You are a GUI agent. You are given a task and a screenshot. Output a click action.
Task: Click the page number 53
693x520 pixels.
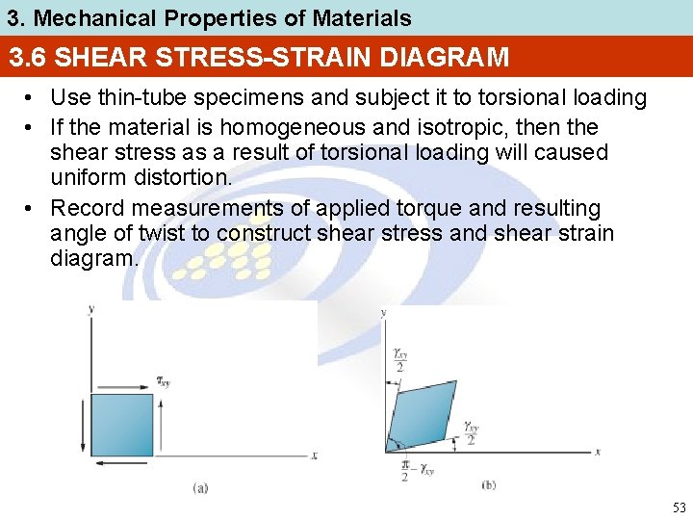[680, 507]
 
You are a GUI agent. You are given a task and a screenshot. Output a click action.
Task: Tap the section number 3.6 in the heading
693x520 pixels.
[29, 58]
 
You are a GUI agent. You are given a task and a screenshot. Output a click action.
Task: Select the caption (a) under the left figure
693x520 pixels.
[199, 488]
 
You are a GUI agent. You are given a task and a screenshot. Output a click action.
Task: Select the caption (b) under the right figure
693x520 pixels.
[489, 486]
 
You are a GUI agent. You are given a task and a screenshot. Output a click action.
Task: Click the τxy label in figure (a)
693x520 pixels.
[165, 382]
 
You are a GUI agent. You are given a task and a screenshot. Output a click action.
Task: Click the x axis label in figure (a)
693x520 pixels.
[314, 455]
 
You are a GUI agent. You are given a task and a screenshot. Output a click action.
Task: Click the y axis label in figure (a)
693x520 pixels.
[90, 309]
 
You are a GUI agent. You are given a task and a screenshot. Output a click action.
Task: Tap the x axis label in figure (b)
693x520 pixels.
[598, 451]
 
